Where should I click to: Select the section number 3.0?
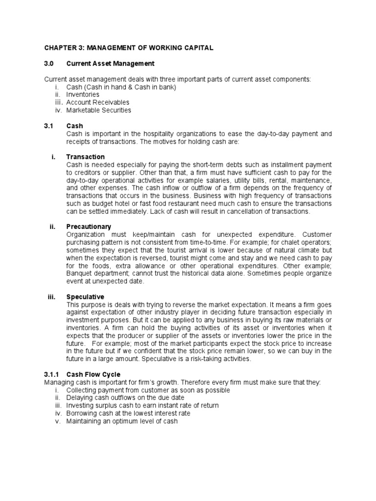pyautogui.click(x=49, y=64)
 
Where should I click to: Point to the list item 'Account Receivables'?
pyautogui.click(x=98, y=102)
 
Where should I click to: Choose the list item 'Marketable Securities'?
pyautogui.click(x=99, y=110)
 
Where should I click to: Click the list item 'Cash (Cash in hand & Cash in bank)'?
pyautogui.click(x=121, y=87)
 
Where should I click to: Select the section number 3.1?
pyautogui.click(x=48, y=126)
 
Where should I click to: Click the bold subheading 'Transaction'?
pyautogui.click(x=86, y=157)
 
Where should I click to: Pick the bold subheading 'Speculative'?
pyautogui.click(x=85, y=297)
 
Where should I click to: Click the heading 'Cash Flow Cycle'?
pyautogui.click(x=93, y=374)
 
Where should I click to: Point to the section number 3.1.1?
pyautogui.click(x=51, y=374)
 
